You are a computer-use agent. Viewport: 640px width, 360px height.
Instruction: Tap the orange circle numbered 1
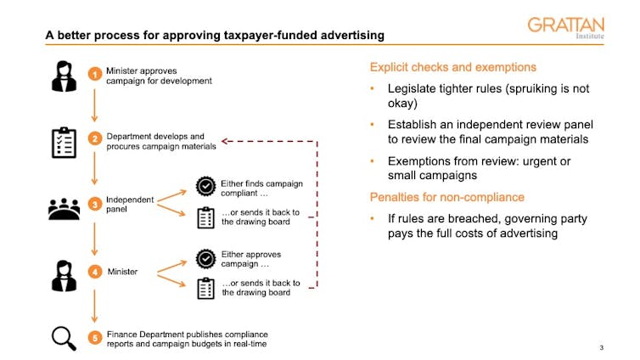click(x=95, y=75)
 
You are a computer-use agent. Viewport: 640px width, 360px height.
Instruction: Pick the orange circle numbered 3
click(x=95, y=205)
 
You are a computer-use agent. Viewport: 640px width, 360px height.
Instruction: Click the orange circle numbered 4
click(x=95, y=272)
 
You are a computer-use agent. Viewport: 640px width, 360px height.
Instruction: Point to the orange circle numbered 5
click(x=95, y=338)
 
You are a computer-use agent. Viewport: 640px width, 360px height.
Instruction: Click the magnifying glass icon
click(x=65, y=337)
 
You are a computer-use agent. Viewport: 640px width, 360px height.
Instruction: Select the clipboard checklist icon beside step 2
click(x=65, y=142)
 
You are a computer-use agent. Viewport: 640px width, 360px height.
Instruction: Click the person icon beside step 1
click(x=65, y=76)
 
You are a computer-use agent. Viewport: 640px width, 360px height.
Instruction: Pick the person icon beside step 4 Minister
click(x=65, y=273)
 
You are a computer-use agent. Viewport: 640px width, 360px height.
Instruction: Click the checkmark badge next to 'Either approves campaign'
click(x=205, y=257)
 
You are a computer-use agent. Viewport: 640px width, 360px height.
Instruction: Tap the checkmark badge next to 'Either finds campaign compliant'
click(x=205, y=187)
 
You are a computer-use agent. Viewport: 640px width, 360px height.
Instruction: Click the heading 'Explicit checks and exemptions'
click(x=452, y=67)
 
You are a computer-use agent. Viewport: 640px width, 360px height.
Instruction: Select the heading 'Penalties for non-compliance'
click(x=447, y=197)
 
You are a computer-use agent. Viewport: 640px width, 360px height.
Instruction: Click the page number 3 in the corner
click(x=601, y=348)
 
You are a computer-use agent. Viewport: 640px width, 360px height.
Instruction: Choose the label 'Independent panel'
click(x=130, y=205)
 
